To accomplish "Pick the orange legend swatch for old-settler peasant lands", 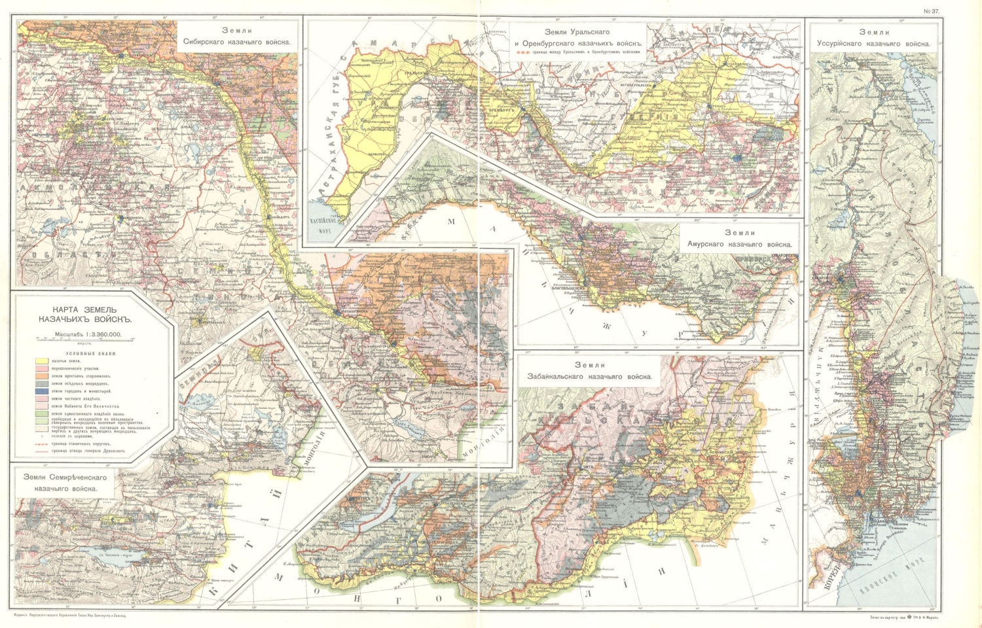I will click(41, 376).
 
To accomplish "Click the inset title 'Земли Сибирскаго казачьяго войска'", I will click(237, 36).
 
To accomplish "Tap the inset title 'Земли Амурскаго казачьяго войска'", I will click(739, 238).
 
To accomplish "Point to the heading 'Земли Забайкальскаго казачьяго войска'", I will click(590, 371).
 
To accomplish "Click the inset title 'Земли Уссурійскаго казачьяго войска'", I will click(873, 38).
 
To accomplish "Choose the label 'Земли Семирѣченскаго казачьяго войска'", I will click(65, 482).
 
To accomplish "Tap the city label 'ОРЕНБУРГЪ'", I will click(503, 111).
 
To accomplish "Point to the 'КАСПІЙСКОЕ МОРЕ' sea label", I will click(323, 224).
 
